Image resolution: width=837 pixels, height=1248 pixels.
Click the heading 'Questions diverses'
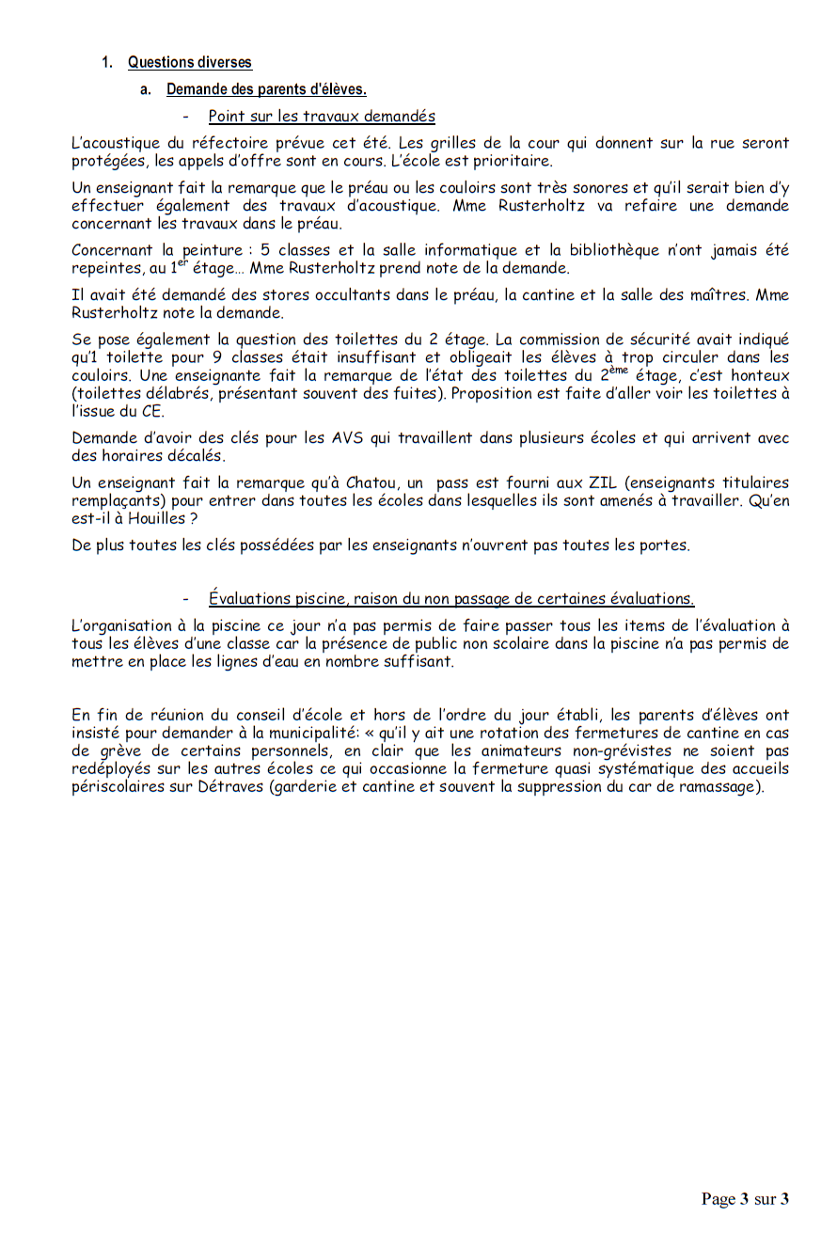point(190,63)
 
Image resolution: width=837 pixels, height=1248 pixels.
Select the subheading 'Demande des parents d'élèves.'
point(266,90)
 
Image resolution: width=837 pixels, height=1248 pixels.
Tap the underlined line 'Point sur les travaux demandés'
point(322,117)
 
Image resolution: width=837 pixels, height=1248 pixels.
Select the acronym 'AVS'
point(340,439)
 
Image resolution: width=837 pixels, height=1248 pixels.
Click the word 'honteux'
point(760,376)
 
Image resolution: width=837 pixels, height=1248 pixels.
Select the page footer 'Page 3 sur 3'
point(744,1198)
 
